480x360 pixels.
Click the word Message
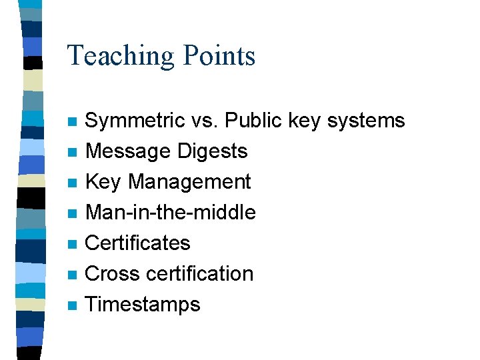pos(128,151)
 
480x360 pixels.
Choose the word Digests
pos(212,151)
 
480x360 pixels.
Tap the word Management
pos(189,182)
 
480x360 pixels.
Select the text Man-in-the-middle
pos(171,213)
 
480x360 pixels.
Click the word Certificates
pos(138,243)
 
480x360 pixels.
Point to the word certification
pos(199,274)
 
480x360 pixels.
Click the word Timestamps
pos(143,305)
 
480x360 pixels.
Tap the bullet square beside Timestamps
pos(72,306)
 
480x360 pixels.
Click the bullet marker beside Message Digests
pos(72,153)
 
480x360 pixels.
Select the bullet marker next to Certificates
pos(72,245)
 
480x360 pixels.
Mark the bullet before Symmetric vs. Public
pos(72,122)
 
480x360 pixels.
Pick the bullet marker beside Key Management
pos(72,183)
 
